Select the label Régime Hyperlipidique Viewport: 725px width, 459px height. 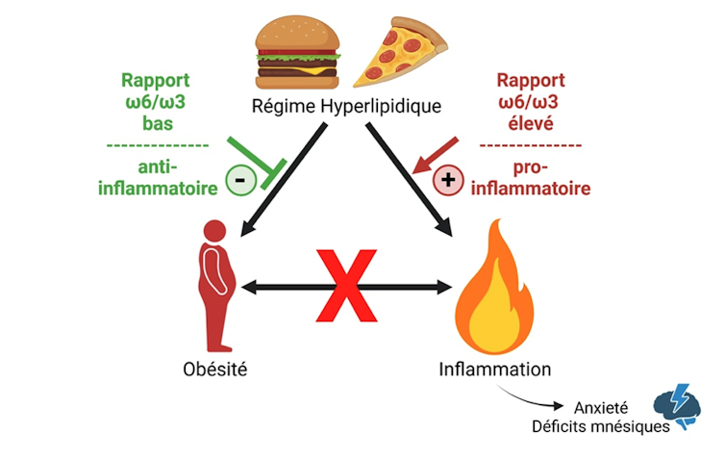click(x=347, y=106)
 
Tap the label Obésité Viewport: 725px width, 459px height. click(x=214, y=370)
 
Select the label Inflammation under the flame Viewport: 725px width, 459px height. click(x=495, y=370)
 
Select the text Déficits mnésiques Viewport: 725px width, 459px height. click(x=603, y=426)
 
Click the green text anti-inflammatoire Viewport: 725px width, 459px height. click(x=158, y=177)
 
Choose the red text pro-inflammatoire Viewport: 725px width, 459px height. click(x=532, y=179)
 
